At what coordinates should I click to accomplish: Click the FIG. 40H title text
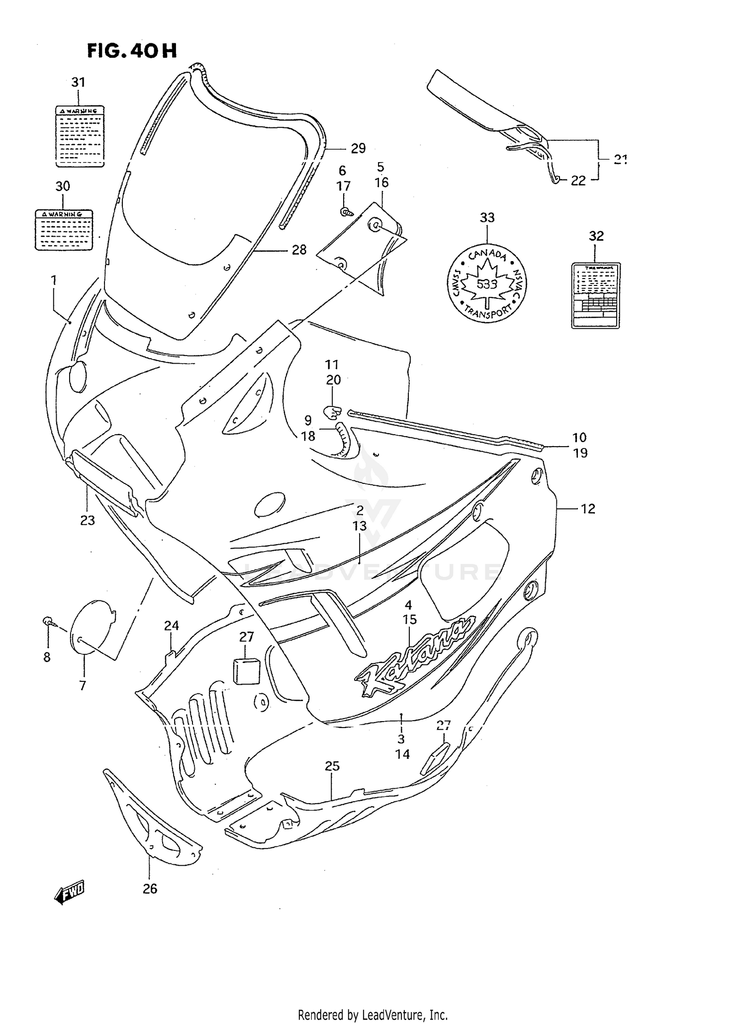(x=132, y=51)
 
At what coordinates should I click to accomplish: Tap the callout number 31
(x=78, y=82)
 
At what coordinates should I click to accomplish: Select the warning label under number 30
(x=64, y=229)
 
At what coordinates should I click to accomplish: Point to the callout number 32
(x=596, y=236)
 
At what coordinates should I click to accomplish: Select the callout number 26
(x=150, y=888)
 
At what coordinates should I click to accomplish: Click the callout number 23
(x=88, y=520)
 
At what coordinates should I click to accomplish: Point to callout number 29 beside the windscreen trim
(x=358, y=148)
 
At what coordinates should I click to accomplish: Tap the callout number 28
(x=299, y=250)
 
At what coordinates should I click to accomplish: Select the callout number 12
(x=588, y=509)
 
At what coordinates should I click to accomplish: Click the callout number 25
(x=332, y=766)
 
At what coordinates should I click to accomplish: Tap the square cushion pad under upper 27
(x=246, y=670)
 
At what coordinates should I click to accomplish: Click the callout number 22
(x=578, y=181)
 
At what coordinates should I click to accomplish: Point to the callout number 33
(x=487, y=217)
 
